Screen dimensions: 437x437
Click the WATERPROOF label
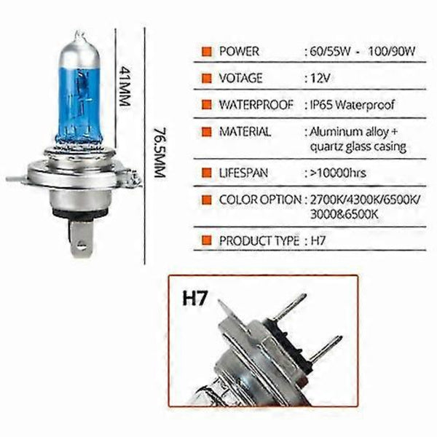tap(255, 105)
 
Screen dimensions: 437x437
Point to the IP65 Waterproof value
tap(346, 105)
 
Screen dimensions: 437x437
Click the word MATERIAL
tap(245, 133)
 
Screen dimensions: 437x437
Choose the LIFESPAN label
tap(243, 173)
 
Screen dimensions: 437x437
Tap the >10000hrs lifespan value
tap(336, 173)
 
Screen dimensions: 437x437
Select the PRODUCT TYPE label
tap(259, 240)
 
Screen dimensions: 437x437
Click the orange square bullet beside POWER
tap(206, 52)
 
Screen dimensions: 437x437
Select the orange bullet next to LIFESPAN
tap(206, 173)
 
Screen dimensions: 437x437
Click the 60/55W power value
tap(325, 52)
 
